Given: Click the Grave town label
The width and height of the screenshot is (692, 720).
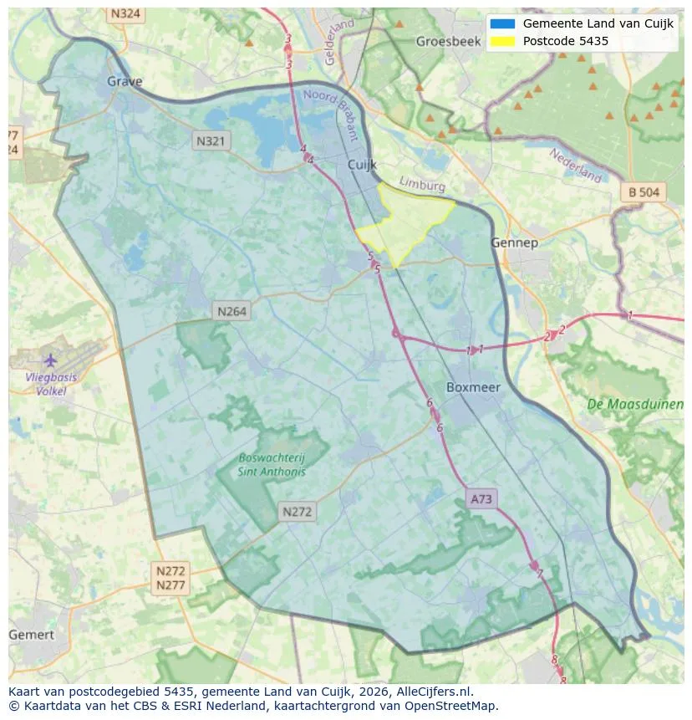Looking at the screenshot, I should [125, 82].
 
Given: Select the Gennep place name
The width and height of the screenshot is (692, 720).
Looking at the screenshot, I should [514, 243].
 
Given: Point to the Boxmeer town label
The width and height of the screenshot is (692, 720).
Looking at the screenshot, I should [474, 387].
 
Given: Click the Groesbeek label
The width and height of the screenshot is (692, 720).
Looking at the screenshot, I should [443, 41].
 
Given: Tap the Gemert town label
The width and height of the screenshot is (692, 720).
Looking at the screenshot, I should [31, 635].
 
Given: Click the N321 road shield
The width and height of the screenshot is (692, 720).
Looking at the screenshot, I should [210, 141].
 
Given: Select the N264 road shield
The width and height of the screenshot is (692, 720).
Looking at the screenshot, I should [232, 311].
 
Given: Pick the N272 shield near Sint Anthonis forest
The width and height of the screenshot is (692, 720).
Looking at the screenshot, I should [298, 512].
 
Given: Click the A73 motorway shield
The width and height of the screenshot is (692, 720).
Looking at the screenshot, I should [481, 499].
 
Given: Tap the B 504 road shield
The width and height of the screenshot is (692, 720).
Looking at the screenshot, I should [644, 192].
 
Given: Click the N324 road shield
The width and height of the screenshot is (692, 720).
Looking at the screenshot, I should [125, 14].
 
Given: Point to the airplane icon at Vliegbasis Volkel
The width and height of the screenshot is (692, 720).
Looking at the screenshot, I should [50, 360].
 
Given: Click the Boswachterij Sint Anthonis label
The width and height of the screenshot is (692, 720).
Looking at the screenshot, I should [272, 464].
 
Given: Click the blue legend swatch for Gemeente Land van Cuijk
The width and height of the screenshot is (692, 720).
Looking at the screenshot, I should [502, 23].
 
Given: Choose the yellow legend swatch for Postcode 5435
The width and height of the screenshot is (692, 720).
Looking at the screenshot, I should [502, 41].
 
